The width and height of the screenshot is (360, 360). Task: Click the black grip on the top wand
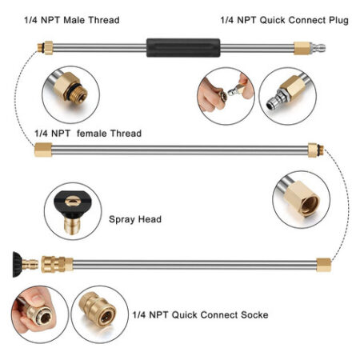pos(183,48)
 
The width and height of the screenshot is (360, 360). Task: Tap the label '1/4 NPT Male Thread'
pos(72,20)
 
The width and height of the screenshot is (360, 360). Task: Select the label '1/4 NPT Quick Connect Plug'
pos(285,20)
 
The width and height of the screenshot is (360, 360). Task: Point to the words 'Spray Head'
pos(135,219)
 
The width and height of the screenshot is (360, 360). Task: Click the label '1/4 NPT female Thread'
pos(88,134)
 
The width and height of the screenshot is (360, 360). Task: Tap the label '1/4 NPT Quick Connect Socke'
pos(201,315)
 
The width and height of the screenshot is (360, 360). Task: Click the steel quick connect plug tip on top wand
pos(318,48)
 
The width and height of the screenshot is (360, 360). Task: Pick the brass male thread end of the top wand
pos(45,48)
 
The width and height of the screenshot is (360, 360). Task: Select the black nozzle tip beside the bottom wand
pos(18,265)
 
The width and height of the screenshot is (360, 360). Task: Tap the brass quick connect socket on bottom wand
pos(57,264)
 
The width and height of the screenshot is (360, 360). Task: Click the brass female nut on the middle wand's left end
pos(43,150)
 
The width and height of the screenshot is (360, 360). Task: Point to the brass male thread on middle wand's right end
pos(316,150)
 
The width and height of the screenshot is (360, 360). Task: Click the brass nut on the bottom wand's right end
pos(324,265)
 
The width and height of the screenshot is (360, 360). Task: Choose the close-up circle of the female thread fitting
pos(301,200)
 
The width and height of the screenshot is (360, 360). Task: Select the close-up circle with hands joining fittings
pos(226,96)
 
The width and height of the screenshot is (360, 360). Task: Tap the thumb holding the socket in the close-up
pos(34,297)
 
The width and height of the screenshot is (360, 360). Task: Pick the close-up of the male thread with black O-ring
pos(70,94)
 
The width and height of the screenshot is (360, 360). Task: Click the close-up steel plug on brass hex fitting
pos(288,96)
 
